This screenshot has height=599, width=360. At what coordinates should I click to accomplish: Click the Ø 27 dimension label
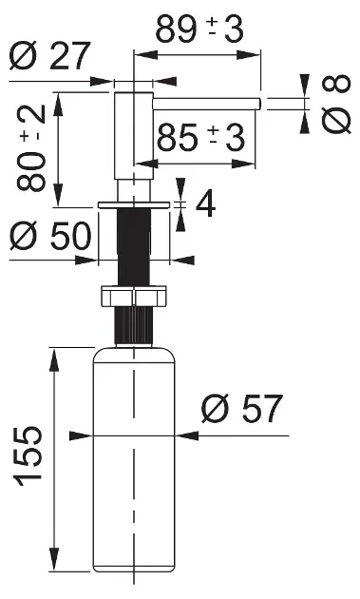pyautogui.click(x=50, y=56)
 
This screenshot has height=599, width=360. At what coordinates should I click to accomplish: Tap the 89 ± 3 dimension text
pyautogui.click(x=199, y=29)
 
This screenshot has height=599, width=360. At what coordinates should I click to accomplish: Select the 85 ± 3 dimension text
pyautogui.click(x=200, y=137)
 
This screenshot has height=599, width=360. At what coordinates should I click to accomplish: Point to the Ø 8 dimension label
pyautogui.click(x=335, y=105)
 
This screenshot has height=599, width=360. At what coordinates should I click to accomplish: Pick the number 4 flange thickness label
pyautogui.click(x=205, y=204)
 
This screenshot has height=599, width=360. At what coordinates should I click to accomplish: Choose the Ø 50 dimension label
pyautogui.click(x=50, y=236)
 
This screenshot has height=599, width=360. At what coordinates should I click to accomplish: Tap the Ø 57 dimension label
pyautogui.click(x=242, y=409)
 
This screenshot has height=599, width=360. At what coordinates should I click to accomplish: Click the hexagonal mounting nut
pyautogui.click(x=134, y=296)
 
